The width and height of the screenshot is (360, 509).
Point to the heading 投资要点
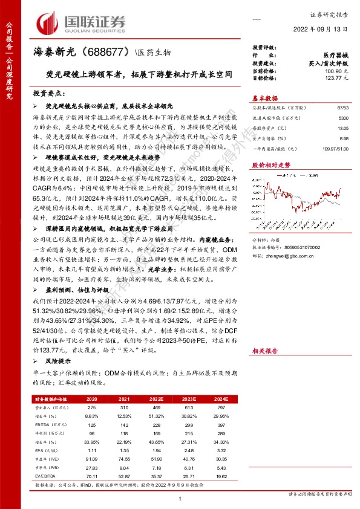pyautogui.click(x=48, y=95)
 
